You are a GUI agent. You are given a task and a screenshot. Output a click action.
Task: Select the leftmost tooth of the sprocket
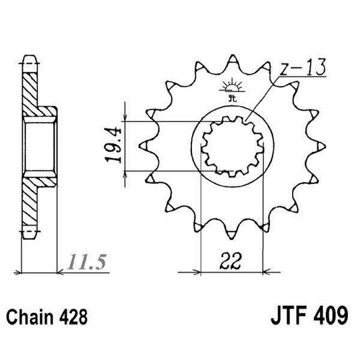tap(143, 143)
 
